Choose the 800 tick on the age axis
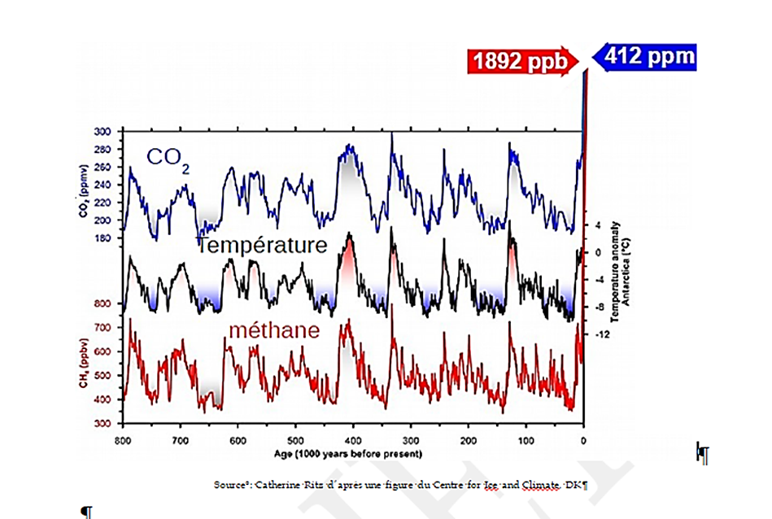(x=123, y=440)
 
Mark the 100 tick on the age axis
(x=526, y=440)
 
